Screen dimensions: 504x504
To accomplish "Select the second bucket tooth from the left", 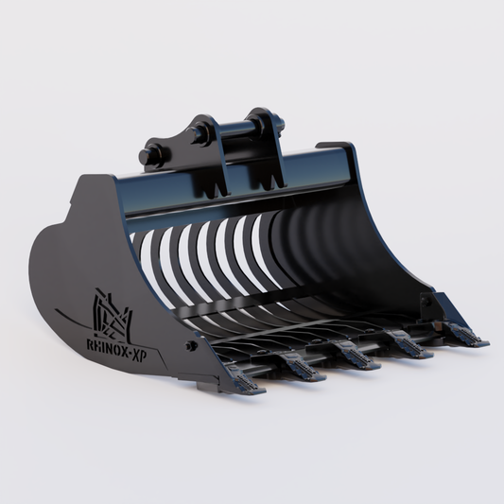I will pyautogui.click(x=304, y=369).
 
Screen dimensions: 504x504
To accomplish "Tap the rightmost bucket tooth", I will pyautogui.click(x=464, y=334).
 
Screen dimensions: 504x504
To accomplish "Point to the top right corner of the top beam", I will pyautogui.click(x=354, y=149).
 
